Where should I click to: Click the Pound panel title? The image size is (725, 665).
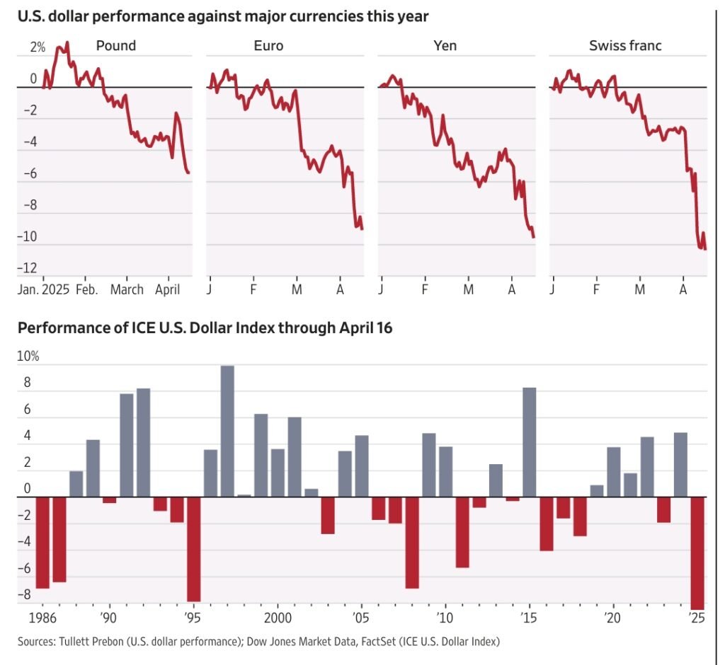pos(115,46)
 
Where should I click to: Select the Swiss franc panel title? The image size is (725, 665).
pos(625,46)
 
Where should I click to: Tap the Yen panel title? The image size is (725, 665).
pos(445,46)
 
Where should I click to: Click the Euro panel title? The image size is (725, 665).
pos(268,46)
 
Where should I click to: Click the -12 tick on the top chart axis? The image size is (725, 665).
pos(29,268)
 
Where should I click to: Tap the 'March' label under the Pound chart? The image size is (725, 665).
pos(127,289)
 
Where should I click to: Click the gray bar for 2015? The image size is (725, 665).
pos(529,442)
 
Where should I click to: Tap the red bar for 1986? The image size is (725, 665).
pos(42,542)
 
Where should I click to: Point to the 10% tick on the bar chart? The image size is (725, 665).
pos(28,357)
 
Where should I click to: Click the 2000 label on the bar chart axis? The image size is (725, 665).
pos(277,617)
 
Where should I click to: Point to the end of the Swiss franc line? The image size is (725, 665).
pos(705,249)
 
